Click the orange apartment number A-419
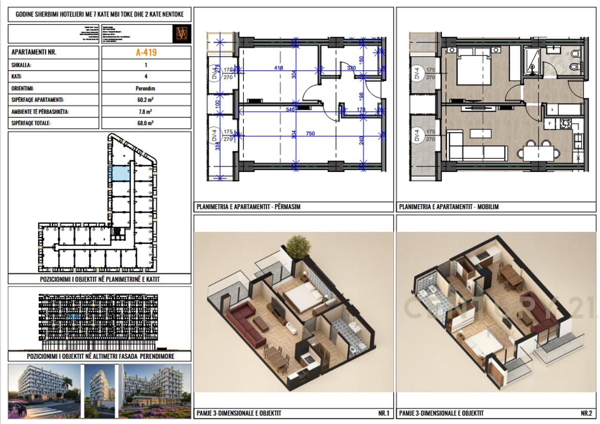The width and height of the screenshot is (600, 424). click(x=146, y=52)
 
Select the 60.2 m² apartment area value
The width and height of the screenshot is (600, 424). click(x=146, y=100)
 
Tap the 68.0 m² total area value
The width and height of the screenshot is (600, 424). click(x=146, y=123)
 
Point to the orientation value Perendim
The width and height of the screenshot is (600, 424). click(x=146, y=88)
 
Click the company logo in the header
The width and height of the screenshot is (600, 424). click(x=181, y=34)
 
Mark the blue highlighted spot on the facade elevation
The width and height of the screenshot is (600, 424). click(x=74, y=317)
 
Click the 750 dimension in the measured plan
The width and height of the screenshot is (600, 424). click(x=310, y=134)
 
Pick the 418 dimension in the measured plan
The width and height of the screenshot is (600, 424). click(x=278, y=68)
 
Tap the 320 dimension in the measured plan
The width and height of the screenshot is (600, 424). click(x=351, y=68)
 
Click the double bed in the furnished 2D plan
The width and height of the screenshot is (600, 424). click(x=474, y=68)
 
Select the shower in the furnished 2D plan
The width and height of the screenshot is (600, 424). click(x=532, y=60)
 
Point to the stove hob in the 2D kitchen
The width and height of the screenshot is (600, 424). click(x=565, y=123)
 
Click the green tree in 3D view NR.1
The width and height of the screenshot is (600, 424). click(x=295, y=245)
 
